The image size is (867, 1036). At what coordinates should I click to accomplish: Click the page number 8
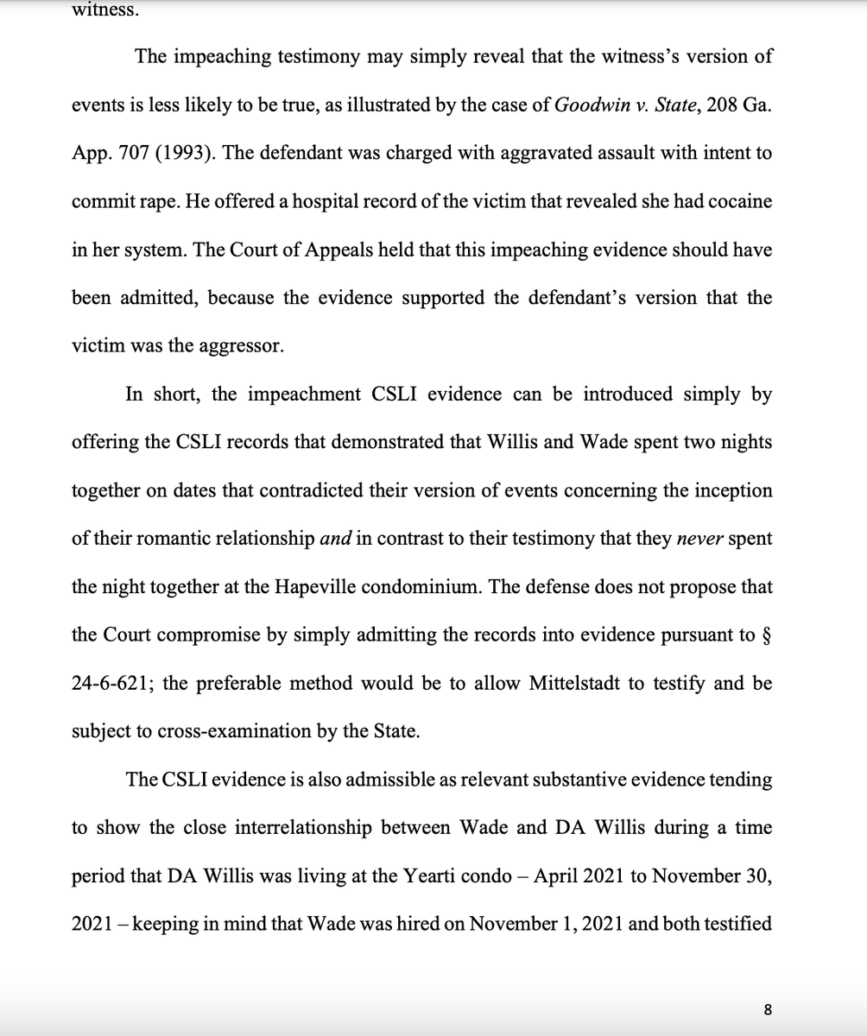click(767, 1009)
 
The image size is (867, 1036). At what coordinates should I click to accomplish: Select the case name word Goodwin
click(590, 105)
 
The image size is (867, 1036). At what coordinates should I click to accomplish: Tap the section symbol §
click(768, 635)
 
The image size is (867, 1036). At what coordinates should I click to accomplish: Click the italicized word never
click(699, 539)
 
